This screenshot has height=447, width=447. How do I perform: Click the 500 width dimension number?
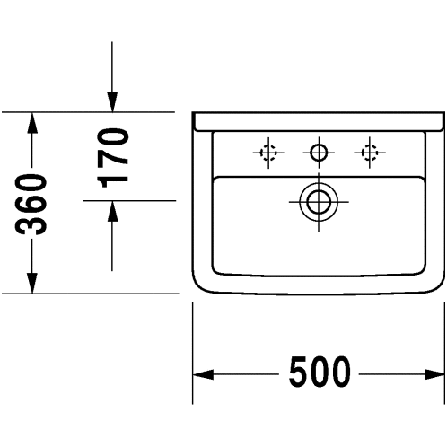(x=320, y=372)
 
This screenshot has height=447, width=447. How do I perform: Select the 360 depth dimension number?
(x=31, y=205)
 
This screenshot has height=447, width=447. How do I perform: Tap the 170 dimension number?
(x=113, y=158)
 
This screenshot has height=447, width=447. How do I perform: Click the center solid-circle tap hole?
(x=319, y=153)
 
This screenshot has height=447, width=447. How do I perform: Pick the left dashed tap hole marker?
(x=268, y=153)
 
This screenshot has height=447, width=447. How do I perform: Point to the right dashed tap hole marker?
(x=370, y=153)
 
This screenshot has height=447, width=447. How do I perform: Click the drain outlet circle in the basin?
(x=319, y=202)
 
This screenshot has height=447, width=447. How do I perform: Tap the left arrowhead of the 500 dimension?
(x=203, y=374)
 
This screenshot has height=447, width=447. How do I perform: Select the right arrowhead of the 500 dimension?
(x=434, y=374)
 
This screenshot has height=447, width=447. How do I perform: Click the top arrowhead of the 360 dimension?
(x=32, y=123)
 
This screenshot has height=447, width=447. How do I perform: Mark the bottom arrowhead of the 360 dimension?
(x=32, y=283)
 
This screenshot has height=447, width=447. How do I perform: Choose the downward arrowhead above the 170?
(x=112, y=102)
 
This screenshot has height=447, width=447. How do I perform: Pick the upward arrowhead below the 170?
(x=112, y=211)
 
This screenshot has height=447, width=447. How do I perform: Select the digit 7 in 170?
(x=113, y=158)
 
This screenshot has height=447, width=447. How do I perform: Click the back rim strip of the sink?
(x=318, y=122)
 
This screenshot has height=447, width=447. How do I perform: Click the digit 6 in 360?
(x=31, y=205)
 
